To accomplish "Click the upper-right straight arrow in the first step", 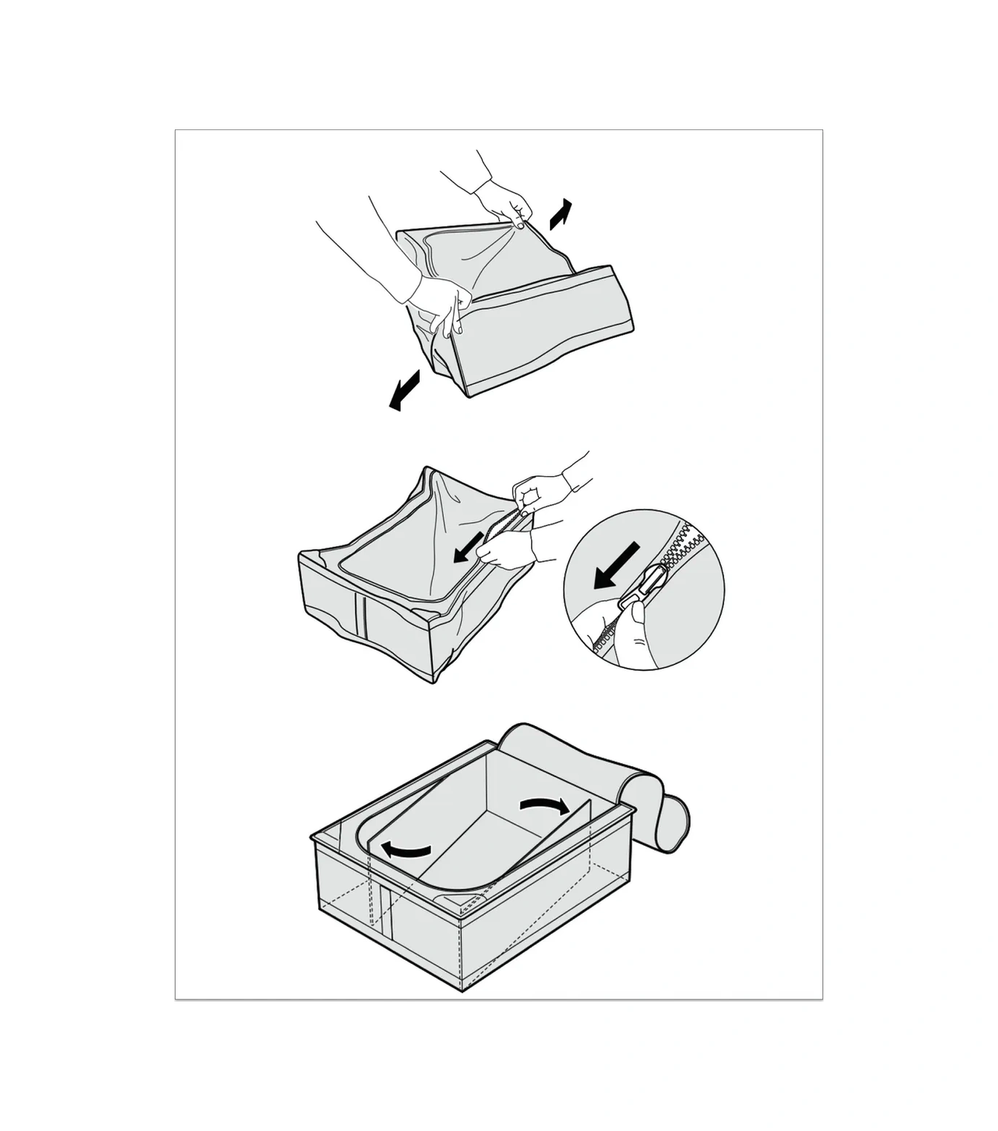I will point(560,214).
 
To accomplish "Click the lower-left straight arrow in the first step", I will point(405,390).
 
